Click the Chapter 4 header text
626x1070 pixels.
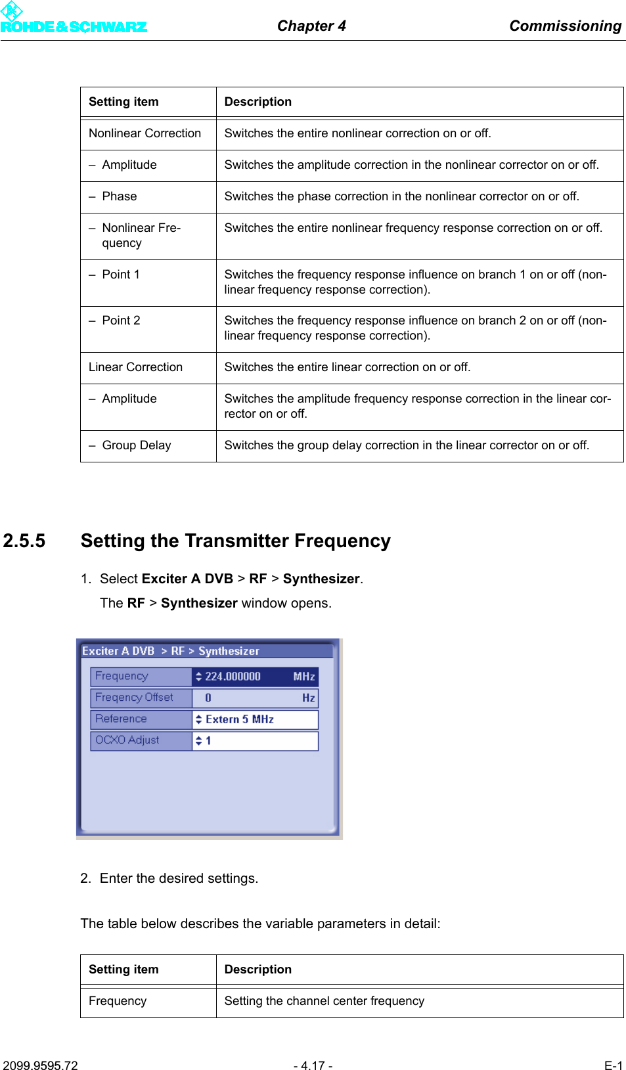pos(311,26)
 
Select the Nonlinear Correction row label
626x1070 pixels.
pos(145,133)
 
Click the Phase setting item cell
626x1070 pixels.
pos(120,196)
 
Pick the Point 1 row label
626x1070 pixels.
pos(121,275)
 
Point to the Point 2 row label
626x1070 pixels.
pos(121,321)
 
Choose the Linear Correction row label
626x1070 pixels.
pos(135,367)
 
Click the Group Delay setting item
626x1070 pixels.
pos(137,445)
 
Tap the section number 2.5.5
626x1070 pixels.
pos(24,541)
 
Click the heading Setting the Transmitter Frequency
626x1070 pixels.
pos(235,541)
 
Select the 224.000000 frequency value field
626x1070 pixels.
pos(233,677)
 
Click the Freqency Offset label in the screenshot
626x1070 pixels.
pos(134,698)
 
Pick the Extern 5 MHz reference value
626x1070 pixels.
pos(240,719)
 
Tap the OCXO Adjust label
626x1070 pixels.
pos(127,740)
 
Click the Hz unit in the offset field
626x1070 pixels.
pos(308,698)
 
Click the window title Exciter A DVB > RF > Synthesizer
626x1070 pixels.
pos(171,651)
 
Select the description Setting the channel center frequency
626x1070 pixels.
pos(324,1001)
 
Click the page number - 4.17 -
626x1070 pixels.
pos(313,1065)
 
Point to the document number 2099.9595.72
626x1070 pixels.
pos(40,1065)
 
